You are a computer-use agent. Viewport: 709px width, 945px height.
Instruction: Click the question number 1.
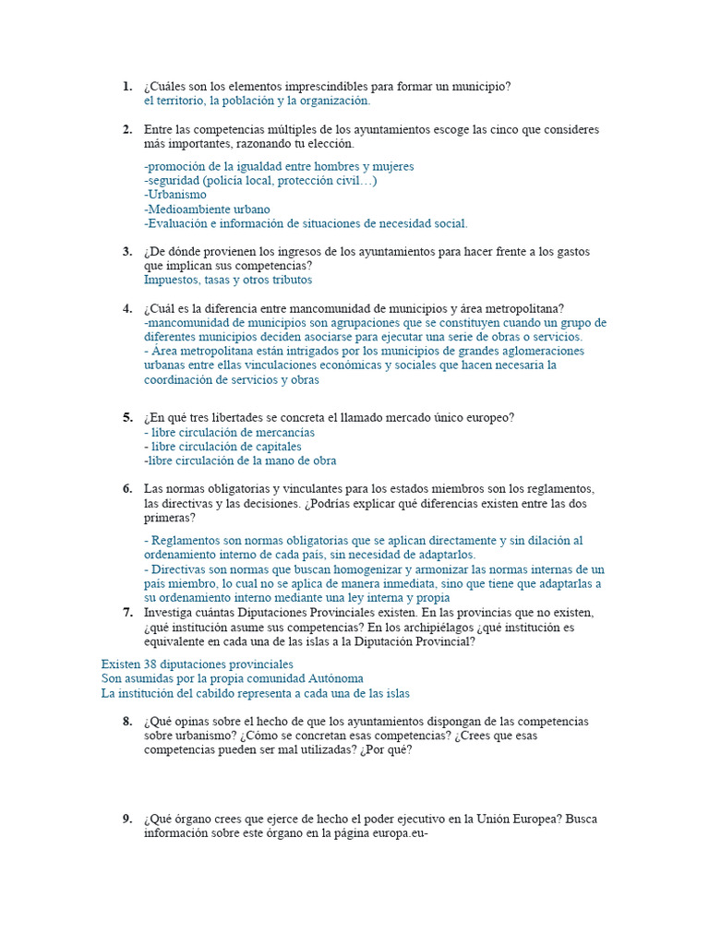(x=126, y=87)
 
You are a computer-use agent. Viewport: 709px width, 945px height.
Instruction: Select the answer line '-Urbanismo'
(x=175, y=195)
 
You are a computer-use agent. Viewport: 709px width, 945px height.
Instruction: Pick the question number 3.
(x=126, y=251)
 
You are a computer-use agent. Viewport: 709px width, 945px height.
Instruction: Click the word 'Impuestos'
(x=171, y=280)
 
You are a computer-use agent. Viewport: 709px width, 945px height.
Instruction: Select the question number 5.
(x=126, y=417)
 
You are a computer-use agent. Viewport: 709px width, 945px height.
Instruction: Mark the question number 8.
(x=126, y=721)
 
